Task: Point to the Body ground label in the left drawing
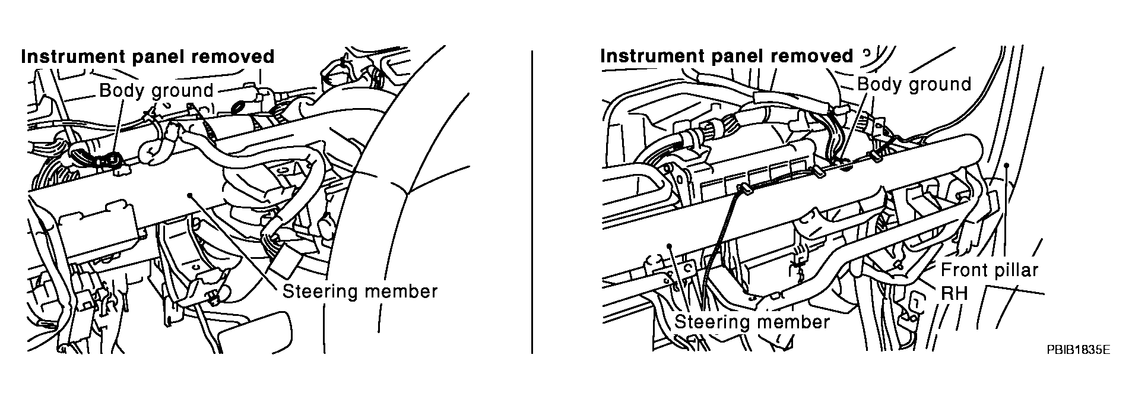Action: pos(156,91)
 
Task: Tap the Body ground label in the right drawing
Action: pos(914,84)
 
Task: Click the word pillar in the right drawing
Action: pos(1014,271)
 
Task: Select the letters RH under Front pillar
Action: pos(955,293)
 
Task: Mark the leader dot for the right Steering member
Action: pos(669,244)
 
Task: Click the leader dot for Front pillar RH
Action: pos(1006,166)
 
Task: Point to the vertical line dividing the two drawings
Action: pos(532,202)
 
